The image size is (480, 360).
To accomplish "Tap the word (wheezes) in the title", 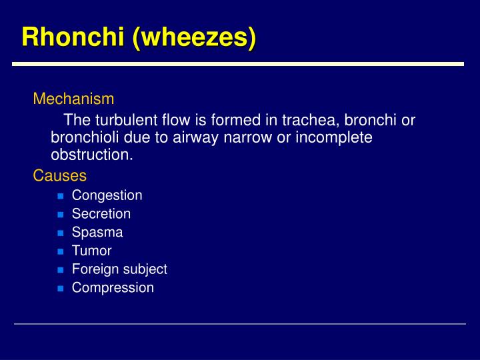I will click(x=194, y=36).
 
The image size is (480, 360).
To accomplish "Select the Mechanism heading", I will click(x=74, y=99).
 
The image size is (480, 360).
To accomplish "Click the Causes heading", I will click(x=60, y=176).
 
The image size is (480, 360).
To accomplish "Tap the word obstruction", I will click(x=92, y=155).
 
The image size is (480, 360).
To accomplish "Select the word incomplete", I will click(x=333, y=138).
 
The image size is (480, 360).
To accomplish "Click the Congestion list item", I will click(x=107, y=195).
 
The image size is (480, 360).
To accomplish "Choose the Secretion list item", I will click(x=101, y=214).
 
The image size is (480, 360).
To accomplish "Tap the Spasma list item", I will click(x=97, y=233).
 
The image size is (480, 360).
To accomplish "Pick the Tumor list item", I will click(x=91, y=251).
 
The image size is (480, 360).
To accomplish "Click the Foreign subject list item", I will click(x=119, y=269).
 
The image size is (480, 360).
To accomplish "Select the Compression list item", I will click(x=113, y=288).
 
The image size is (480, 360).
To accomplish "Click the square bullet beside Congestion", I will click(x=59, y=196).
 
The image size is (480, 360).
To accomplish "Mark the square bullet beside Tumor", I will click(x=59, y=252).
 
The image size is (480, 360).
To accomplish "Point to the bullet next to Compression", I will click(x=59, y=289).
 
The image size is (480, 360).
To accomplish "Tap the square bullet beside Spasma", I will click(x=59, y=233).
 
